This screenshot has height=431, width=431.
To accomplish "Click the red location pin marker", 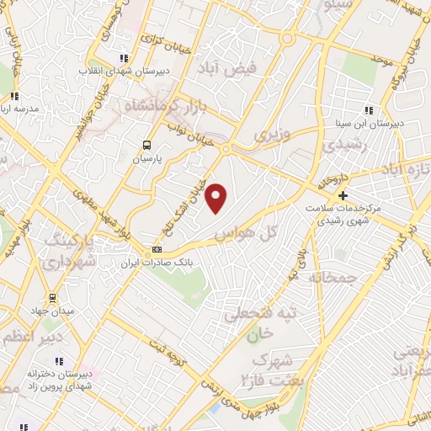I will click(x=217, y=199).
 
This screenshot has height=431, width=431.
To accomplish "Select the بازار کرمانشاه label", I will click(x=164, y=107).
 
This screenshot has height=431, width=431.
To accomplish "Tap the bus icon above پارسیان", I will click(x=147, y=145).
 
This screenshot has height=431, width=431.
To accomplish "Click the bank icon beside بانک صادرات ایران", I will click(x=157, y=249).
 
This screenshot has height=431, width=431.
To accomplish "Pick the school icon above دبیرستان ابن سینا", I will click(x=368, y=109).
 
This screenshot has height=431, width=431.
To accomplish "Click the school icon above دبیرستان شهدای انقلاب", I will click(x=124, y=58).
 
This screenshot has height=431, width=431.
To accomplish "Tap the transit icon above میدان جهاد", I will click(x=52, y=298).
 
